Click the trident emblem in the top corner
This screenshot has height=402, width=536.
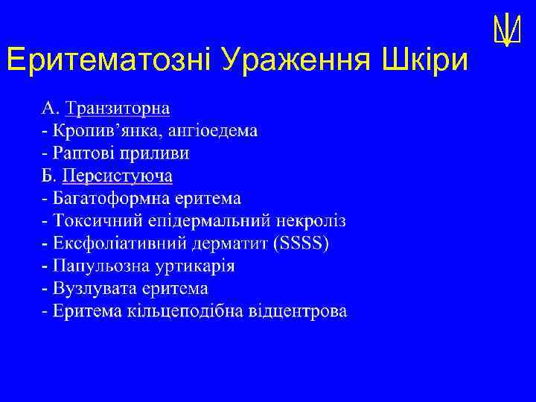coord(505,31)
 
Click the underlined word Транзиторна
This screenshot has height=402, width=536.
coord(118,109)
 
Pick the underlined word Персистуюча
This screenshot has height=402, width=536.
coord(118,176)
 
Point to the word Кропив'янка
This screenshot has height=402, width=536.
coord(98,131)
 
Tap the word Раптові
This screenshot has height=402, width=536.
coord(81,153)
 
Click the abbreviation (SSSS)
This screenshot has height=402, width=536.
coord(301,243)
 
